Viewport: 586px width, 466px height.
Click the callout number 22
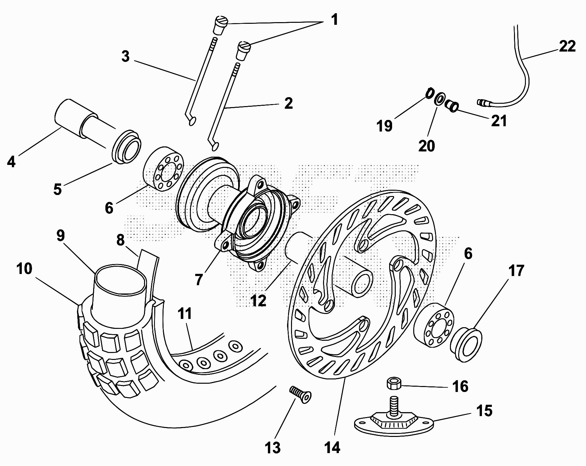567,46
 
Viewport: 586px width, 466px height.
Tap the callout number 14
332,448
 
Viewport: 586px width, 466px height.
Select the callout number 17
516,271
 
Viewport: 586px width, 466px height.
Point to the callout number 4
11,162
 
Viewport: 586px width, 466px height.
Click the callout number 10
24,269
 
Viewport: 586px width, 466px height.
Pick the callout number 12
258,300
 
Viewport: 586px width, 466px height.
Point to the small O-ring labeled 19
429,93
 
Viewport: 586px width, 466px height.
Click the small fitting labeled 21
451,105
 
